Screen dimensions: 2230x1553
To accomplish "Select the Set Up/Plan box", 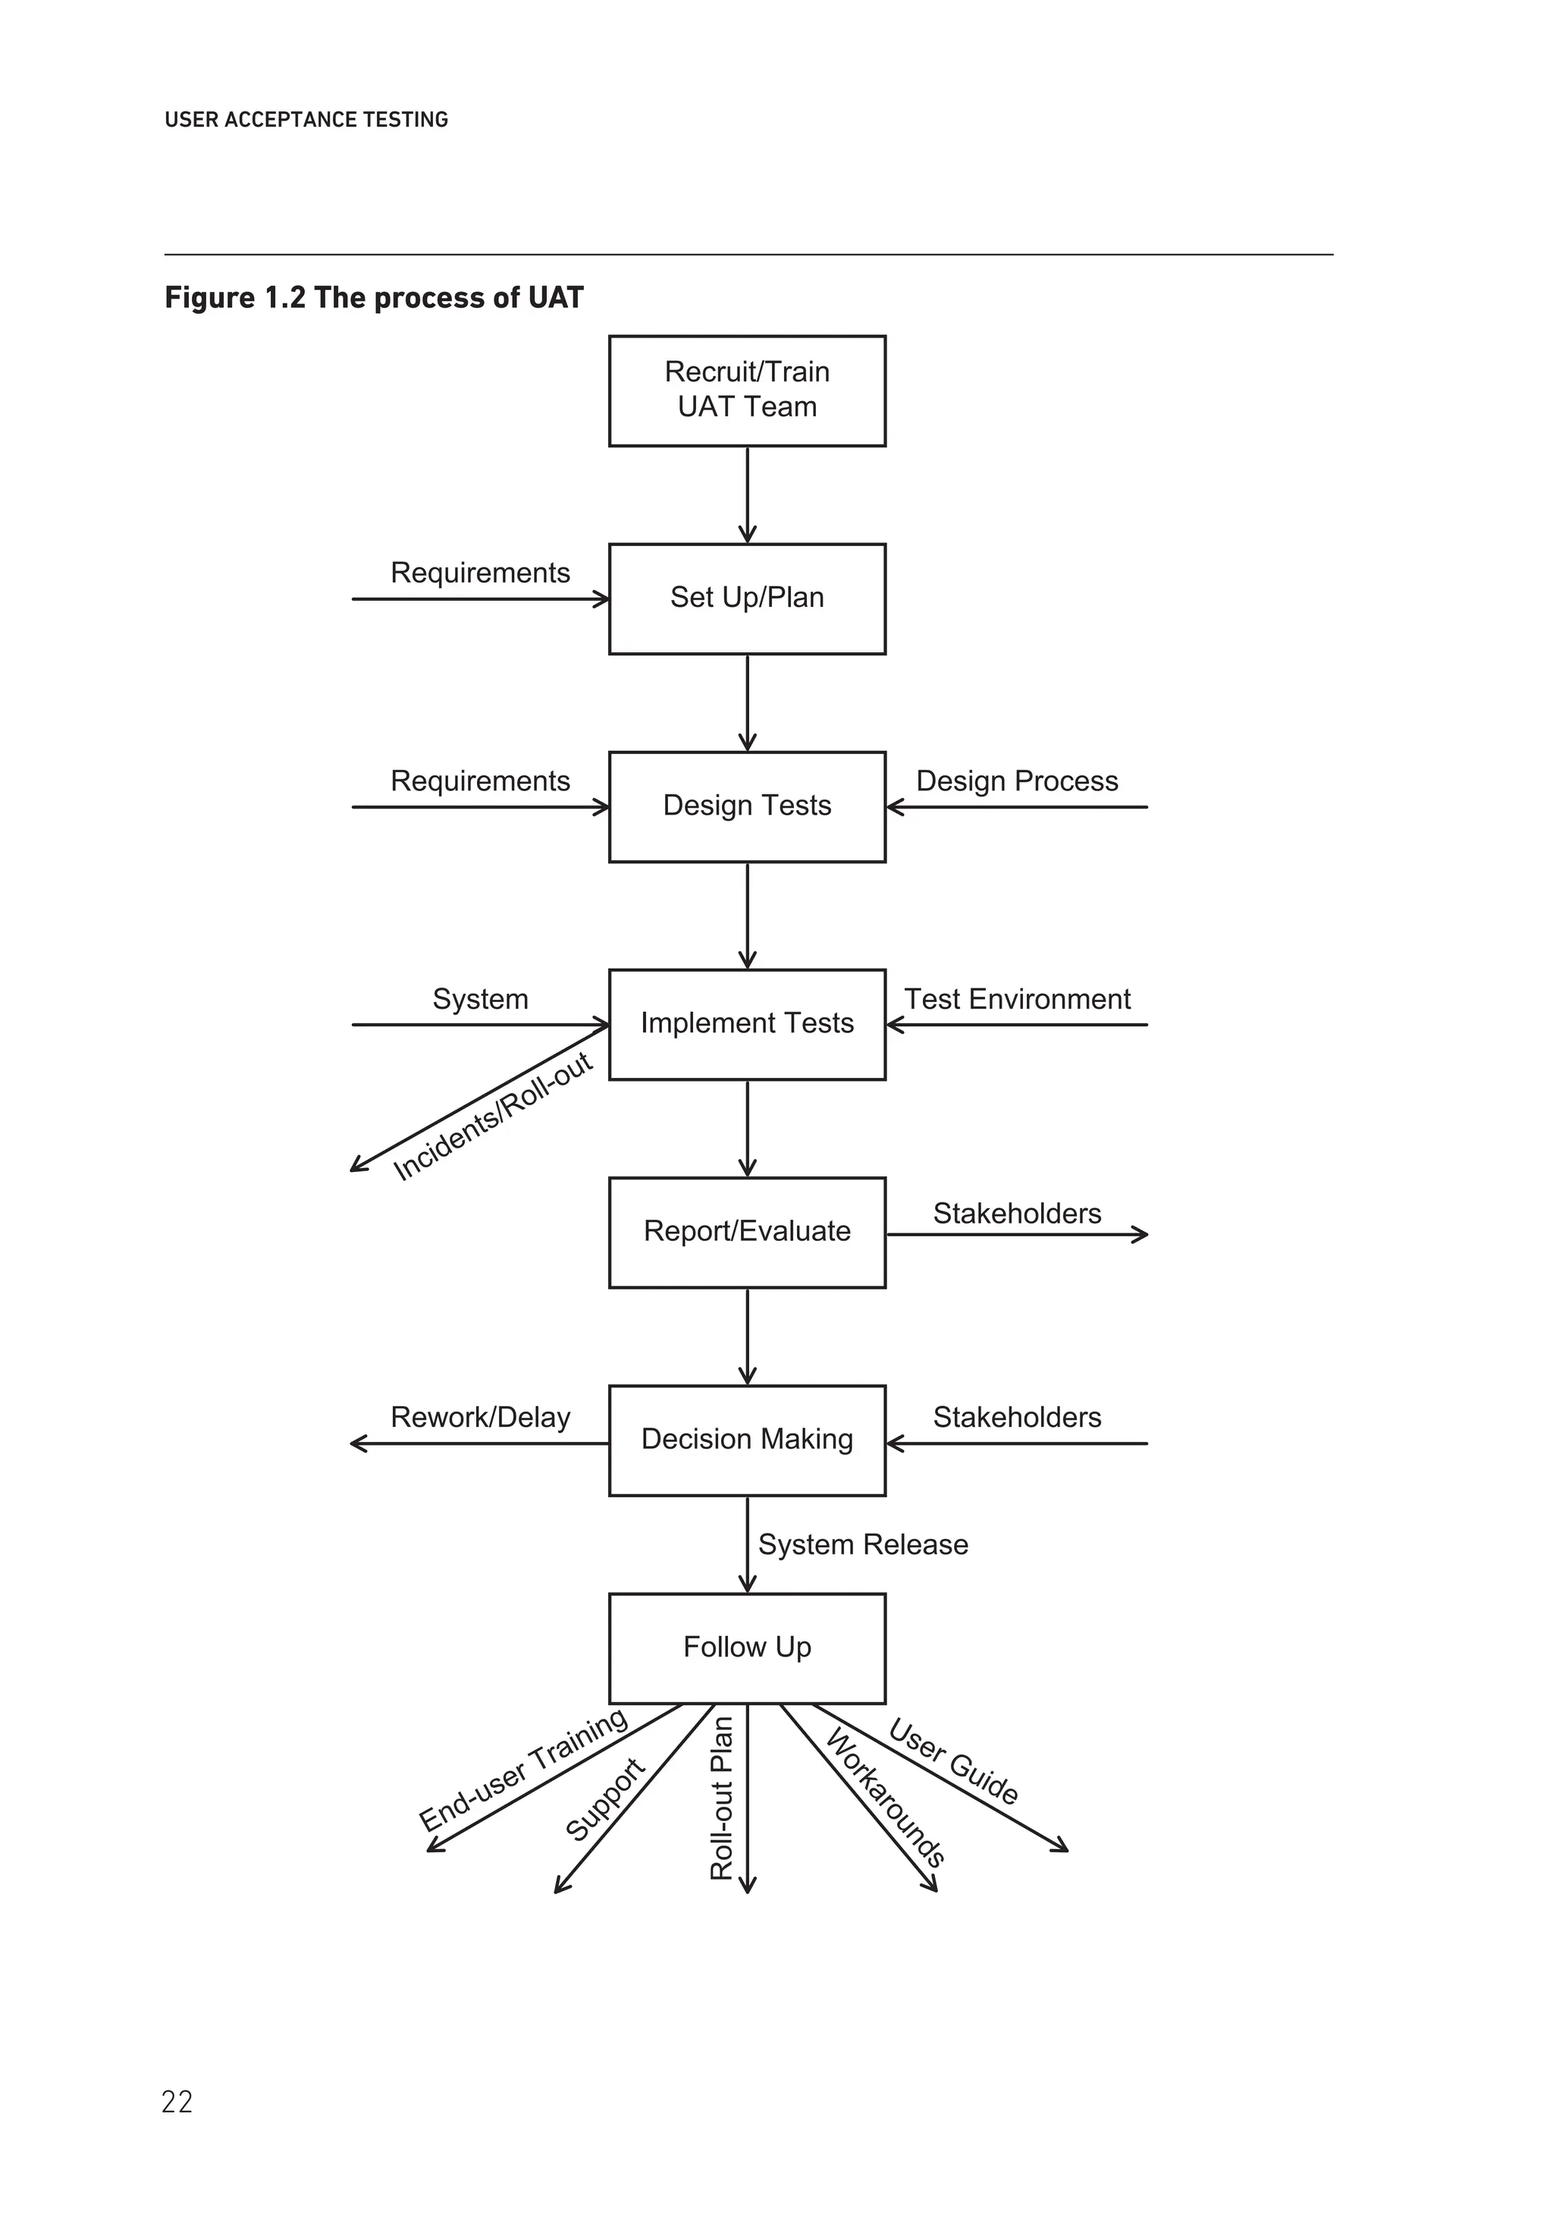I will [x=746, y=598].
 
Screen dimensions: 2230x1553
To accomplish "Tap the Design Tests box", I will [x=746, y=806].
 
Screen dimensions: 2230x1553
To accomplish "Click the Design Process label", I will [x=1016, y=781].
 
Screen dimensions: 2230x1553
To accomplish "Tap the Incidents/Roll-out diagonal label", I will [x=492, y=1117].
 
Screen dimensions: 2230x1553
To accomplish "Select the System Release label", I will [x=862, y=1544].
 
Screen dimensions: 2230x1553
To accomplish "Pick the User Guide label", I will [x=952, y=1761].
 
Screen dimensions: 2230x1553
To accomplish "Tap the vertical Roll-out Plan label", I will [x=722, y=1798].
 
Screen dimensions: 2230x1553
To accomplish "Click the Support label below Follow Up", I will [x=605, y=1798].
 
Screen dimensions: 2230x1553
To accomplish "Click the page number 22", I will [x=177, y=2101].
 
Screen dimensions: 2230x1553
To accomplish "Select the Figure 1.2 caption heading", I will [x=374, y=297].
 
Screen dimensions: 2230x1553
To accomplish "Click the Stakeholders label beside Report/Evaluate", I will [x=1016, y=1213].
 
